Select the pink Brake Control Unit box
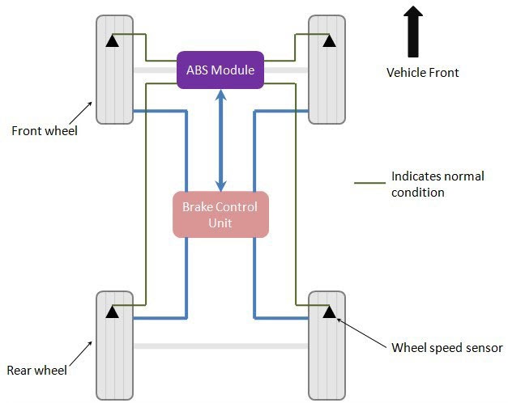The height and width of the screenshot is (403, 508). tap(220, 214)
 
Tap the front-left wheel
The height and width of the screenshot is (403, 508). tap(114, 70)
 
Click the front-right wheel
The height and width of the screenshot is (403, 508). tap(327, 70)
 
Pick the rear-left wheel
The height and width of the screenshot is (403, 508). tap(114, 344)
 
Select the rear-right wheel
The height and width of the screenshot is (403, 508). tap(327, 344)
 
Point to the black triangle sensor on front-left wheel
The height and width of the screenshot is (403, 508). tap(114, 40)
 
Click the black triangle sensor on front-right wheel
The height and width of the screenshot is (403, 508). tap(328, 40)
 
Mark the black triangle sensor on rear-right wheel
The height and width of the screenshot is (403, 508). tap(328, 311)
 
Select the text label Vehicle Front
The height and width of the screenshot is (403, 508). tap(422, 73)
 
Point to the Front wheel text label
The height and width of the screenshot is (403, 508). tap(45, 130)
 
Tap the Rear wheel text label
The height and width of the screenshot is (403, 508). tap(36, 371)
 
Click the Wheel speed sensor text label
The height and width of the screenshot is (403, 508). tap(447, 348)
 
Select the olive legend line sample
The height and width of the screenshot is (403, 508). tap(369, 184)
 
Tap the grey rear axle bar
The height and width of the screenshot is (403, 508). tap(220, 346)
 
